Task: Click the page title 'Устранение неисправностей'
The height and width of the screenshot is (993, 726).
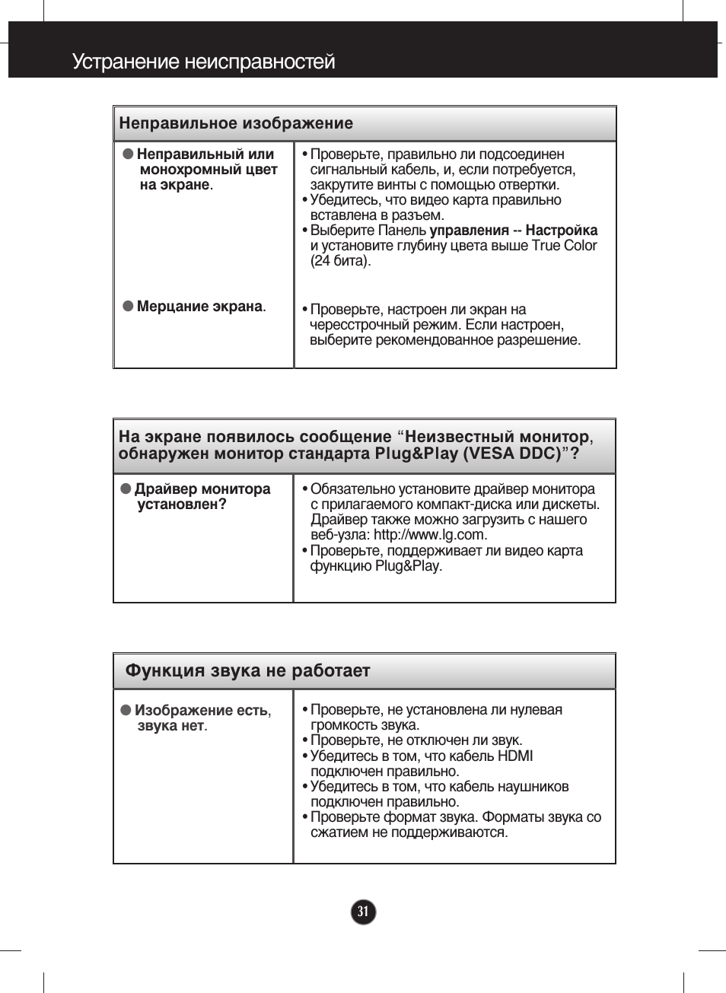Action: pyautogui.click(x=203, y=62)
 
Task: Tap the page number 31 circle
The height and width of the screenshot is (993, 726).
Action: pyautogui.click(x=363, y=912)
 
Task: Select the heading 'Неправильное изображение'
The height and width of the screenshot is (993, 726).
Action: pyautogui.click(x=236, y=123)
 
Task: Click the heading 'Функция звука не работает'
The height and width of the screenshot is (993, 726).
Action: pyautogui.click(x=247, y=670)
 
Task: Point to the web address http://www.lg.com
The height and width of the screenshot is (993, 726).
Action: pyautogui.click(x=429, y=535)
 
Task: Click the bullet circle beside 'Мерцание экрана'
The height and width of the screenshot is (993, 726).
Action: pyautogui.click(x=128, y=306)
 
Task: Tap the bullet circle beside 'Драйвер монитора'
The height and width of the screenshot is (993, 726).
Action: pyautogui.click(x=126, y=489)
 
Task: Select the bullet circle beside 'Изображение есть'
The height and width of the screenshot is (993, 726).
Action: pyautogui.click(x=126, y=710)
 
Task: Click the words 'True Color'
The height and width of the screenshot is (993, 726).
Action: pyautogui.click(x=564, y=246)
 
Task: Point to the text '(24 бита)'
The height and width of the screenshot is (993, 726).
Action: pyautogui.click(x=340, y=261)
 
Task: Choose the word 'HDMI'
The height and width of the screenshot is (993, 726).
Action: pyautogui.click(x=515, y=756)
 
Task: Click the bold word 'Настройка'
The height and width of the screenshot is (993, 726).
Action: pyautogui.click(x=562, y=231)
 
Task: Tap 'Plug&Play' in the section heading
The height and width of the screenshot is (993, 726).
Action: pyautogui.click(x=416, y=454)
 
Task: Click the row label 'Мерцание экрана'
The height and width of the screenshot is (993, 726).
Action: pyautogui.click(x=199, y=307)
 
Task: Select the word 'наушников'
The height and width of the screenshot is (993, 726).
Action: pyautogui.click(x=536, y=786)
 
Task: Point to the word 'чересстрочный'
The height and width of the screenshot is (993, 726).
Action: pyautogui.click(x=354, y=325)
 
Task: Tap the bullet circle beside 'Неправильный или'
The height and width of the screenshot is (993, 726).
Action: pyautogui.click(x=128, y=154)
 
